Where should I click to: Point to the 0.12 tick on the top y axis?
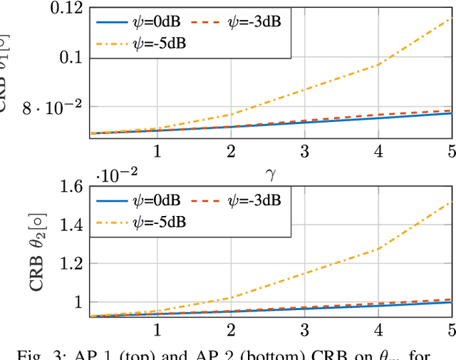click(65, 9)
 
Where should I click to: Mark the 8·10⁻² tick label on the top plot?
click(53, 108)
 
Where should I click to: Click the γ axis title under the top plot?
click(269, 173)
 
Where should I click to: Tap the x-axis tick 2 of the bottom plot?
click(231, 331)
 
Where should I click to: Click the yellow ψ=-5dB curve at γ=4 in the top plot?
click(378, 65)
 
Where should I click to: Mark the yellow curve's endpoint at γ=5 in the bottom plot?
click(451, 202)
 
